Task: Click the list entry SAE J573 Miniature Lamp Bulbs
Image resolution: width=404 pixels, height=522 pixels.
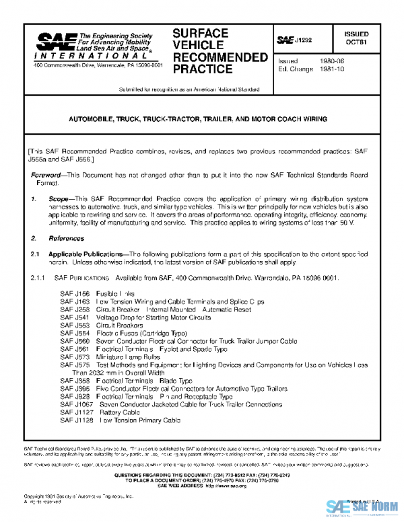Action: [x=111, y=357]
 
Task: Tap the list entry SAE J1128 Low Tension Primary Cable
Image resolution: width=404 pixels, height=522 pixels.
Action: [x=120, y=420]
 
